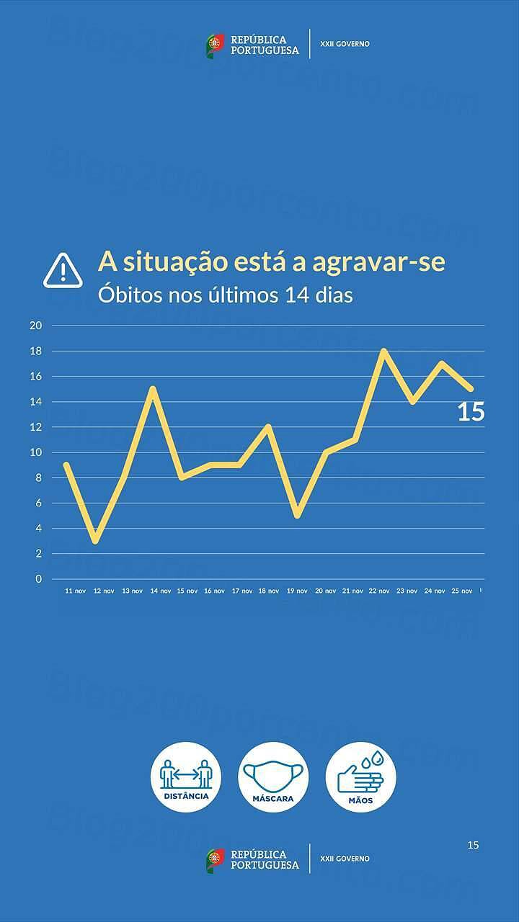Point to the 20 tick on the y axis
(x=36, y=326)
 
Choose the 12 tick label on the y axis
(x=36, y=427)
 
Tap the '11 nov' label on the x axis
(x=75, y=591)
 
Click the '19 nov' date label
(x=297, y=591)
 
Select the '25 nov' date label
(x=461, y=591)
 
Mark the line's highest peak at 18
(x=383, y=351)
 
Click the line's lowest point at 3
(x=95, y=541)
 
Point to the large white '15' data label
(x=471, y=413)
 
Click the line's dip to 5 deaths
(x=297, y=516)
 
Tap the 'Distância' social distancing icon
(x=186, y=777)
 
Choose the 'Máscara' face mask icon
(x=273, y=777)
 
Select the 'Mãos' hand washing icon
(x=360, y=777)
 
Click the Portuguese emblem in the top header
(x=215, y=45)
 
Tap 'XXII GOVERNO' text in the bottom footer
(x=345, y=859)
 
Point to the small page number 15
(x=473, y=845)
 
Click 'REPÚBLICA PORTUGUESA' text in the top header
(x=264, y=45)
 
